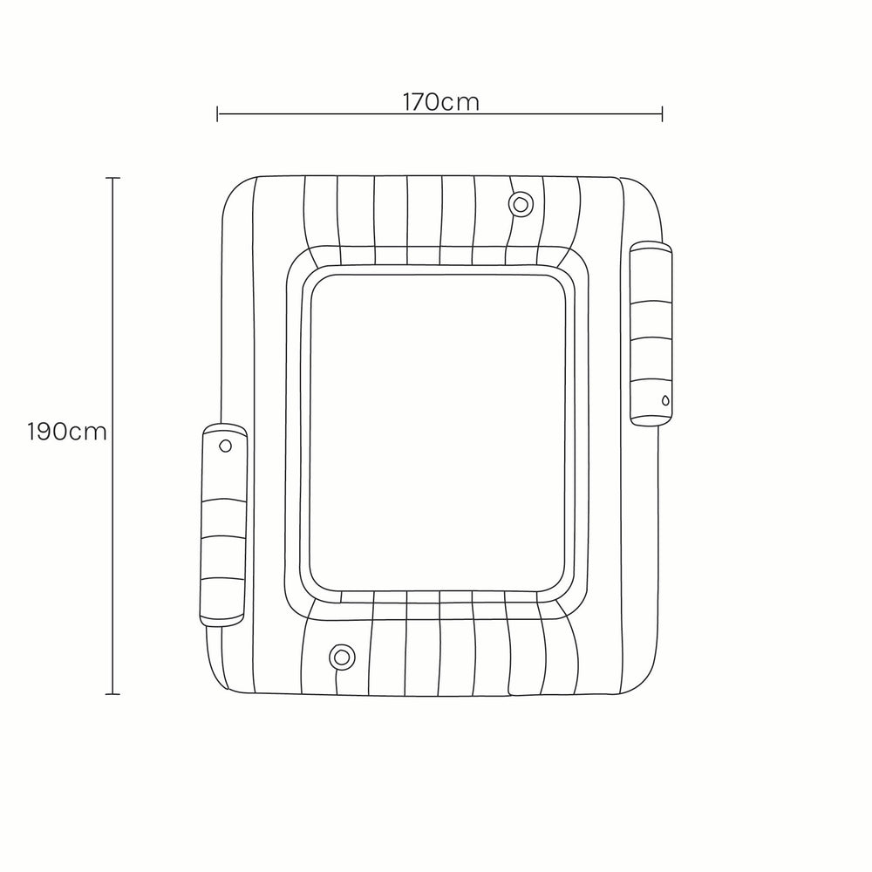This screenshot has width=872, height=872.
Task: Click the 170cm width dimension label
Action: [x=440, y=102]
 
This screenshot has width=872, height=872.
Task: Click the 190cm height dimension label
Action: [x=67, y=432]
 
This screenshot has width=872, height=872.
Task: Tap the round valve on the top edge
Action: [x=521, y=205]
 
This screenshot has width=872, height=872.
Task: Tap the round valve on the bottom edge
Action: [x=342, y=657]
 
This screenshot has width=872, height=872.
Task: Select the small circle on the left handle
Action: [x=225, y=446]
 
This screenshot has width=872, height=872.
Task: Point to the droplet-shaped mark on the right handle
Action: [x=665, y=400]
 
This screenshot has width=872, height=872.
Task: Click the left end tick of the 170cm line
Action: [x=217, y=114]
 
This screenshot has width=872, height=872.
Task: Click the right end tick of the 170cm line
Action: [x=662, y=114]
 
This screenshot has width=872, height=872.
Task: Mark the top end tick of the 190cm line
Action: [x=112, y=178]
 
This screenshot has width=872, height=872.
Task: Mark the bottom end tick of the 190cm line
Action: [x=112, y=694]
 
